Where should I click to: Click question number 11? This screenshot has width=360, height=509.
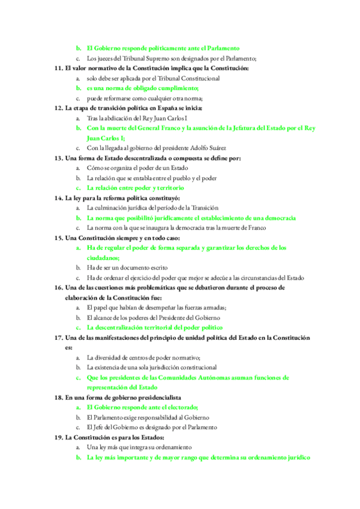click(59, 68)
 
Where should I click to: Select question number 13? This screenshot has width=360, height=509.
click(59, 158)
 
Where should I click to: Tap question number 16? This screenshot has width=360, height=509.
click(59, 288)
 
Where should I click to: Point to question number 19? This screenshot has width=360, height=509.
click(59, 437)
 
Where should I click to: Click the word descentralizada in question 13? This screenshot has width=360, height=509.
click(141, 158)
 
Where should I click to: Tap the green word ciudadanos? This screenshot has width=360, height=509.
click(106, 258)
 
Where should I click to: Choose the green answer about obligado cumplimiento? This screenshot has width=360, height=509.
click(142, 88)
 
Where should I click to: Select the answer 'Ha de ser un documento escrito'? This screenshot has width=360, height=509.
click(127, 268)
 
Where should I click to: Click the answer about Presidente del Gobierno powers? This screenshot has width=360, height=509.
click(153, 318)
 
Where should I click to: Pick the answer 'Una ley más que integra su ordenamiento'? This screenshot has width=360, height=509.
click(139, 447)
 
